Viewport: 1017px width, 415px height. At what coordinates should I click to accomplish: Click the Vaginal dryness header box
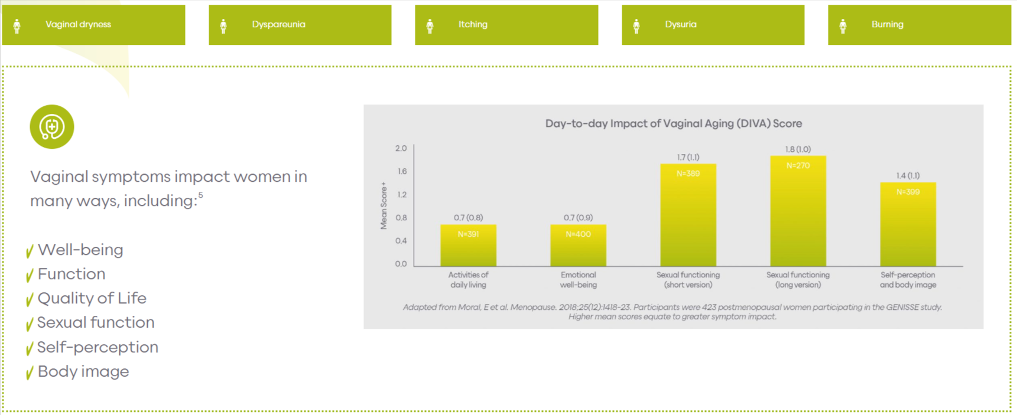(x=93, y=25)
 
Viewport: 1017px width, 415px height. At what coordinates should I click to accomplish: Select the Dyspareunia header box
(x=300, y=25)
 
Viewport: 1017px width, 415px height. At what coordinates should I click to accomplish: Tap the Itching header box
(x=506, y=25)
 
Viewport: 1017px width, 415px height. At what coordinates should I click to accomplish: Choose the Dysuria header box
(x=713, y=25)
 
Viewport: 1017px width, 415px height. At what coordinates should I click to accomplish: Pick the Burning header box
(x=919, y=25)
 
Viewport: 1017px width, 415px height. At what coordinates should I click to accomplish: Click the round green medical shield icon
(x=52, y=127)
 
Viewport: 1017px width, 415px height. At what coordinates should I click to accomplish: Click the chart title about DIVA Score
(x=673, y=123)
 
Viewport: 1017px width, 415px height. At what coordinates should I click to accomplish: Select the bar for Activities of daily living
(x=468, y=247)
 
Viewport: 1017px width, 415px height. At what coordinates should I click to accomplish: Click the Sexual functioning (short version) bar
(x=688, y=218)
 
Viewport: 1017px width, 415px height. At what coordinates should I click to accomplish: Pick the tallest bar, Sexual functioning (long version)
(x=798, y=213)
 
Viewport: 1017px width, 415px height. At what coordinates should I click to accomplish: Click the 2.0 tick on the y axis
(x=401, y=148)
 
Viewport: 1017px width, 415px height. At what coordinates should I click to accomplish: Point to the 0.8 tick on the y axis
(x=401, y=218)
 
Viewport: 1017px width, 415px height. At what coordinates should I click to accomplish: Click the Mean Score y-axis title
(x=384, y=205)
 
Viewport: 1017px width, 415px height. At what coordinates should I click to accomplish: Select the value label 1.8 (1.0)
(x=798, y=149)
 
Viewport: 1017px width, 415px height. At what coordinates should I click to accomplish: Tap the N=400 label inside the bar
(x=578, y=234)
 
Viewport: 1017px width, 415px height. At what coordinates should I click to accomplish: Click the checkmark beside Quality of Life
(x=30, y=300)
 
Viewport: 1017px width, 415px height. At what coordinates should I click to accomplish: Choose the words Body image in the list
(x=83, y=371)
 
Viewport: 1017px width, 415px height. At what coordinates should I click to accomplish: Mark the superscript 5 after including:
(x=201, y=195)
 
